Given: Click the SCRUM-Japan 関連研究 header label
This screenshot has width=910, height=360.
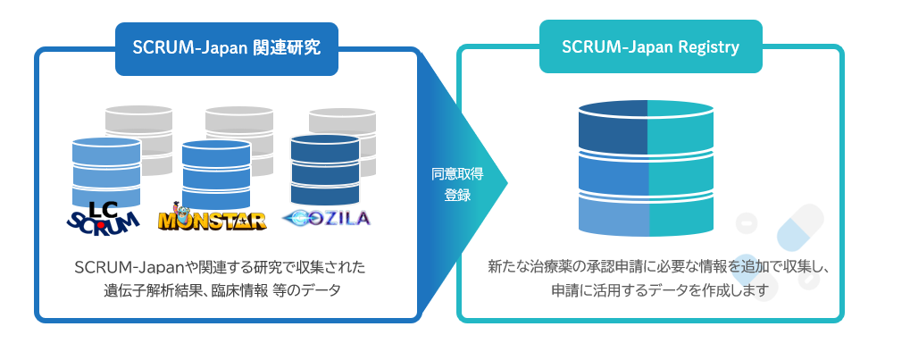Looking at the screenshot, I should [226, 47].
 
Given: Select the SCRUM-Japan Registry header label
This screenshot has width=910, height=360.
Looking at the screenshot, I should [650, 47].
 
